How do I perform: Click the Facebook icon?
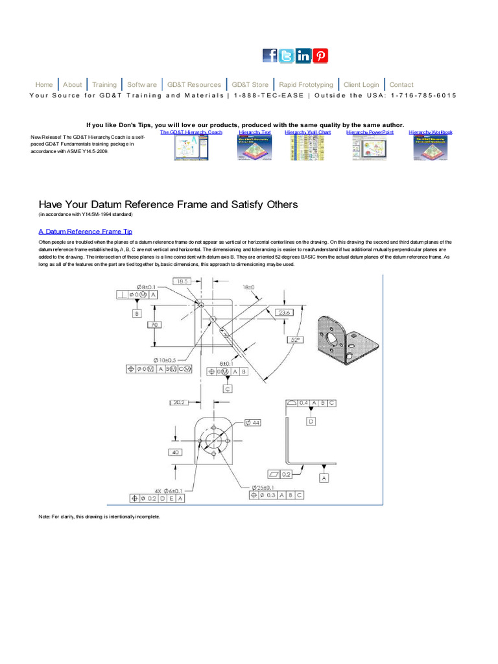click(270, 56)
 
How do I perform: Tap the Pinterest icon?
click(320, 56)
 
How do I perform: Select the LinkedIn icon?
click(303, 56)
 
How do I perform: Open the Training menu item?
click(104, 85)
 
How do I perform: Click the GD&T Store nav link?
click(250, 85)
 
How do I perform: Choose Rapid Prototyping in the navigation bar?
click(306, 85)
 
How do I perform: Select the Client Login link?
click(361, 85)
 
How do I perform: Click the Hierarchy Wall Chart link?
click(307, 132)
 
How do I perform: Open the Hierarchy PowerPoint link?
click(370, 132)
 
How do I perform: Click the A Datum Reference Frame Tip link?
click(86, 231)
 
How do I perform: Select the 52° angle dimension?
click(296, 340)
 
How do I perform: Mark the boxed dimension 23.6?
click(285, 312)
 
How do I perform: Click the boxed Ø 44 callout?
click(252, 423)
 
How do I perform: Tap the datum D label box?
click(311, 421)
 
